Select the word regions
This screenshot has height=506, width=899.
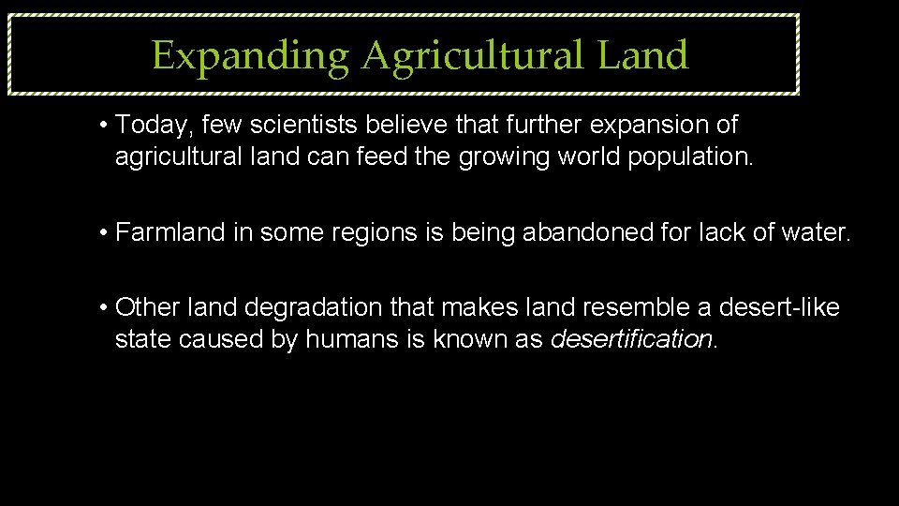coord(367,232)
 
